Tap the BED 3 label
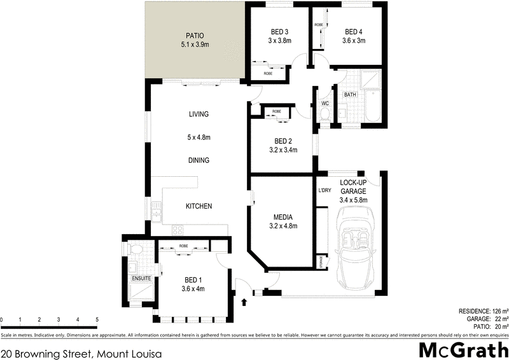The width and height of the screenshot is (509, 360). click(x=279, y=32)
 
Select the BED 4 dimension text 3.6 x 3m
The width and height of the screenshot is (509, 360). click(x=354, y=41)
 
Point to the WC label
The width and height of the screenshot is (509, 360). click(x=324, y=103)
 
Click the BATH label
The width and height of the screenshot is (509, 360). click(x=350, y=95)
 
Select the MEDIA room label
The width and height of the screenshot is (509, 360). click(x=283, y=217)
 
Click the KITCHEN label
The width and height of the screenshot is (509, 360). click(x=199, y=207)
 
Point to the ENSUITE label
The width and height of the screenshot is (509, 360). click(x=141, y=279)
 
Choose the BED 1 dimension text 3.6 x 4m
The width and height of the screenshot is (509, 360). click(x=193, y=289)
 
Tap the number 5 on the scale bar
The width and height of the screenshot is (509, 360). click(x=97, y=320)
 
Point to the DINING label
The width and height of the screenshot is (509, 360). click(x=199, y=161)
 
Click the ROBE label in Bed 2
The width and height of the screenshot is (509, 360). click(x=277, y=112)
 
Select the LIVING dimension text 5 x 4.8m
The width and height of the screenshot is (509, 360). click(x=199, y=137)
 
